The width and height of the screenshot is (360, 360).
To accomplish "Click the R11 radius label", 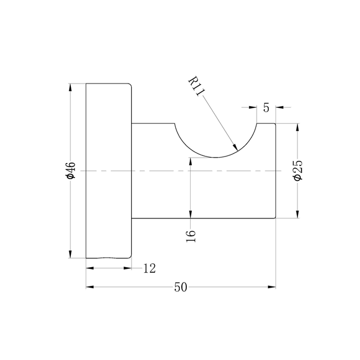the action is tap(196, 86).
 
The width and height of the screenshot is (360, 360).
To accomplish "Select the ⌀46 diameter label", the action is tap(70, 170).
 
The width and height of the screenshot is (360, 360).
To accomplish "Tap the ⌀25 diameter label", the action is tap(298, 170).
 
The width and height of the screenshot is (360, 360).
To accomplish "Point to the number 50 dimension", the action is tap(181, 287).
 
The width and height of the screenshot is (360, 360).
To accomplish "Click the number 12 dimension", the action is tap(149, 268).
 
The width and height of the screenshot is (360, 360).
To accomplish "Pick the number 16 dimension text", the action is tap(191, 236).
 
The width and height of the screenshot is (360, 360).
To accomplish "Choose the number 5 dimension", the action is tap(266, 107).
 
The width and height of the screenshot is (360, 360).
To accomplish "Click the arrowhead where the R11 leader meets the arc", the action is tap(235, 147).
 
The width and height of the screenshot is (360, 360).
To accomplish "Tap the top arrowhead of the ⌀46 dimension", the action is tap(70, 87).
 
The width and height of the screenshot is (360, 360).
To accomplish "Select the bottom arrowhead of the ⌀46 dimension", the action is tap(70, 254).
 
